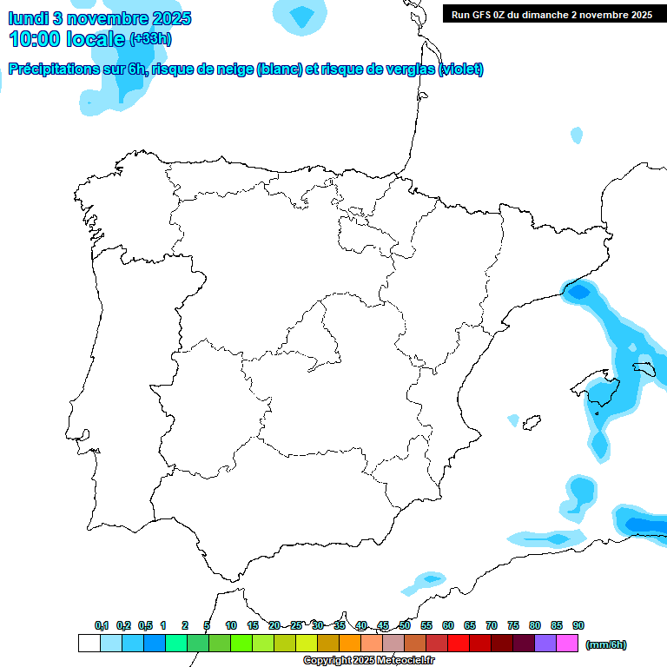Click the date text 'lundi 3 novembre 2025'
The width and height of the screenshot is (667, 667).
point(100,18)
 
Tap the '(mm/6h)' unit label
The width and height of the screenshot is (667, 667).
point(605,644)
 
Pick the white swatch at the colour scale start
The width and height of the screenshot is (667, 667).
point(89,643)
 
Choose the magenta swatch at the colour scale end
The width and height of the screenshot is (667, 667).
point(567,643)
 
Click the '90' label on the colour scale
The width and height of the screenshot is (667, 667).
point(578,625)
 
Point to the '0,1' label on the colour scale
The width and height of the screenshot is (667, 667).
point(102,625)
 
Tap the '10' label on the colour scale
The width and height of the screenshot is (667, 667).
point(231,625)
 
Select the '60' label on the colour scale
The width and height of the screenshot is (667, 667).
point(448,625)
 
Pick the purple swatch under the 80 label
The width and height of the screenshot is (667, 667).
point(545,643)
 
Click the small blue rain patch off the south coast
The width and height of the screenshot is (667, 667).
point(430,578)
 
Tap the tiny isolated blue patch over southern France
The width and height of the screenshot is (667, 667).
point(577,135)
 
